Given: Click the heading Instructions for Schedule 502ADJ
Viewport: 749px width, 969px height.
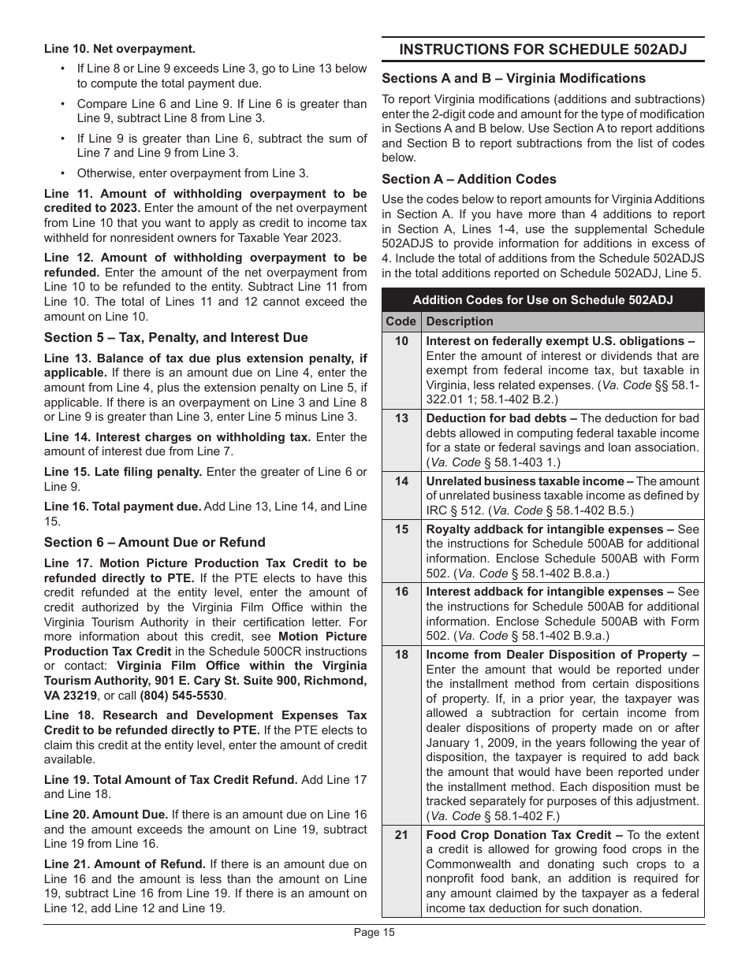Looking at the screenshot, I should pos(542,50).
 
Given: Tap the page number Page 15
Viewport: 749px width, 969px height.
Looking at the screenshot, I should pos(374,933).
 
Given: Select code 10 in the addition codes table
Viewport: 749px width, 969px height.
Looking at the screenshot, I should pos(401,341).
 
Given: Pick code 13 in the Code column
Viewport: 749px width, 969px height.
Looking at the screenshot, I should pos(401,418).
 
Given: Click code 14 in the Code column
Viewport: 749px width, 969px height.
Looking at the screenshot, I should pos(401,481).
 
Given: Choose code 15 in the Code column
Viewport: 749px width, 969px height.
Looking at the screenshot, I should pos(401,529).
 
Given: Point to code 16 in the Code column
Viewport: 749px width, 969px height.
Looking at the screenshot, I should pos(401,592).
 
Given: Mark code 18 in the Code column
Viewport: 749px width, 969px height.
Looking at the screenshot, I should pos(401,655).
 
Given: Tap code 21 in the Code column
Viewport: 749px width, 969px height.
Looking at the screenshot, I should pos(401,835).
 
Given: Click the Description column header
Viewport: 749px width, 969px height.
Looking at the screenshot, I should pos(460,321).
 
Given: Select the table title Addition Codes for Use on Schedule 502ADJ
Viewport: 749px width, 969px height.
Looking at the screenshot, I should pos(542,300).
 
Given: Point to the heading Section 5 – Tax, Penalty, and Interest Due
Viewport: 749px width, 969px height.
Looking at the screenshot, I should pos(176,337).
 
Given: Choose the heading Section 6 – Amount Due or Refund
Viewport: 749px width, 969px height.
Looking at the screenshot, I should pos(155,542).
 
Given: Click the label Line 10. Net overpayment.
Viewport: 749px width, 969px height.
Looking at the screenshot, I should pos(120,49).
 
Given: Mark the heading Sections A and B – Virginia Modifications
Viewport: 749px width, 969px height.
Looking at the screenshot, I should pos(513,78).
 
